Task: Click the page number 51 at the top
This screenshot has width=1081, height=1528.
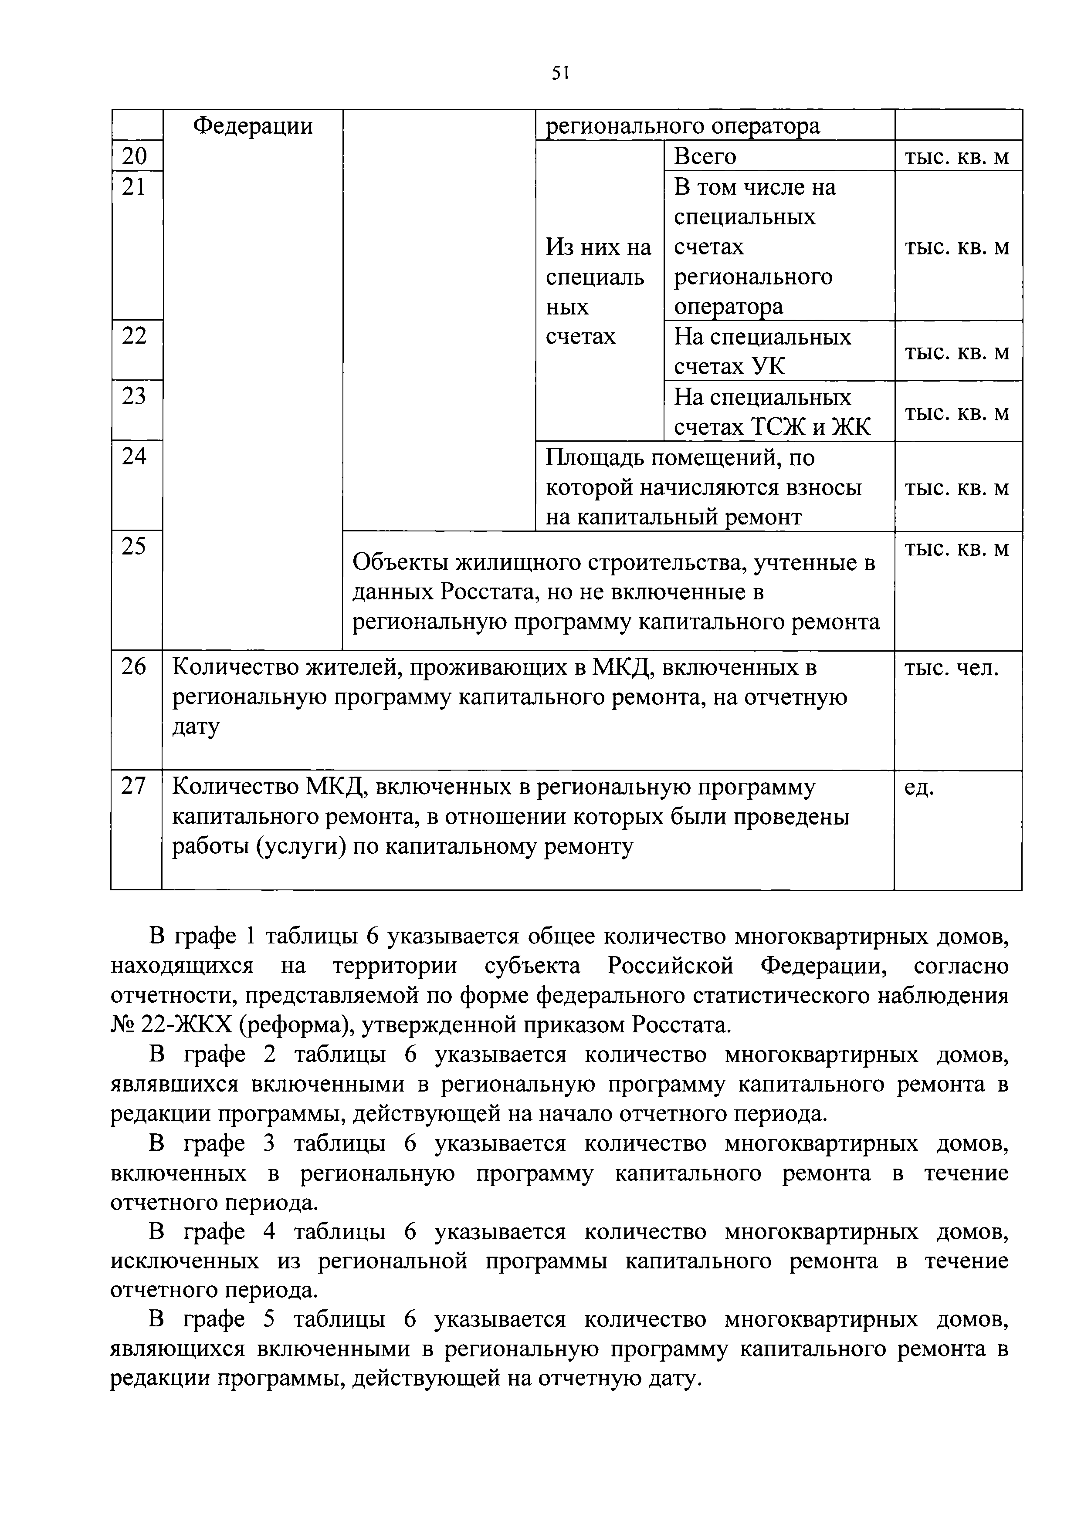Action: tap(560, 73)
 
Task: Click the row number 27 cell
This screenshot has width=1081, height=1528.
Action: tap(135, 787)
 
